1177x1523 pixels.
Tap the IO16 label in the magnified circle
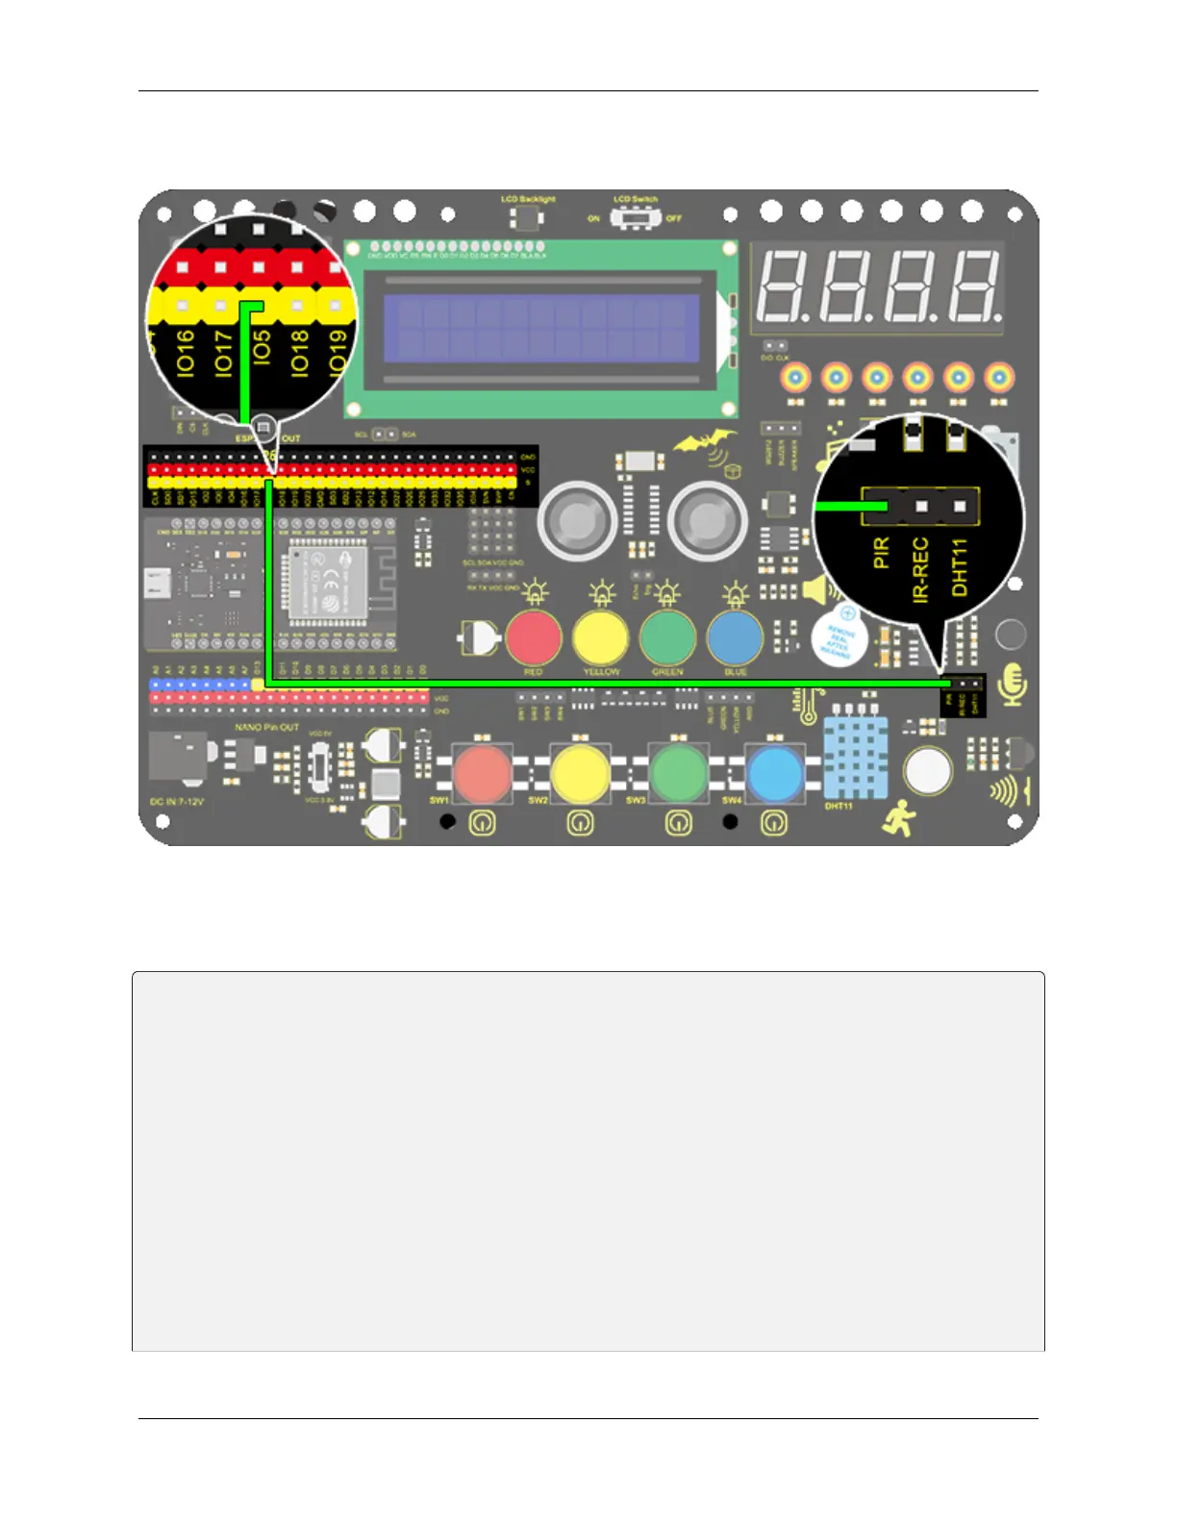(x=186, y=352)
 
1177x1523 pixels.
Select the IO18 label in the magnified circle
(x=299, y=352)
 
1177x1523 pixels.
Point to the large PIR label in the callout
(x=881, y=553)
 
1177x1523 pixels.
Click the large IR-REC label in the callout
(x=920, y=570)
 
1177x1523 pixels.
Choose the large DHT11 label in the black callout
(x=959, y=567)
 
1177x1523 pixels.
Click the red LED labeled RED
(x=534, y=637)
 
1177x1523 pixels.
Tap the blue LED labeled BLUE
(x=736, y=637)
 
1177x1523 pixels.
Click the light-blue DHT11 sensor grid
(x=855, y=759)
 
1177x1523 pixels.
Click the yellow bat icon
(x=701, y=443)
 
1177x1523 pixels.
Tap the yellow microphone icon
(x=1012, y=685)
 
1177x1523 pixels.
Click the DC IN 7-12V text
(x=177, y=801)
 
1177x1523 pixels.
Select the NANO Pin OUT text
(x=266, y=727)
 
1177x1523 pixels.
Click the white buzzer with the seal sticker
(x=839, y=637)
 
